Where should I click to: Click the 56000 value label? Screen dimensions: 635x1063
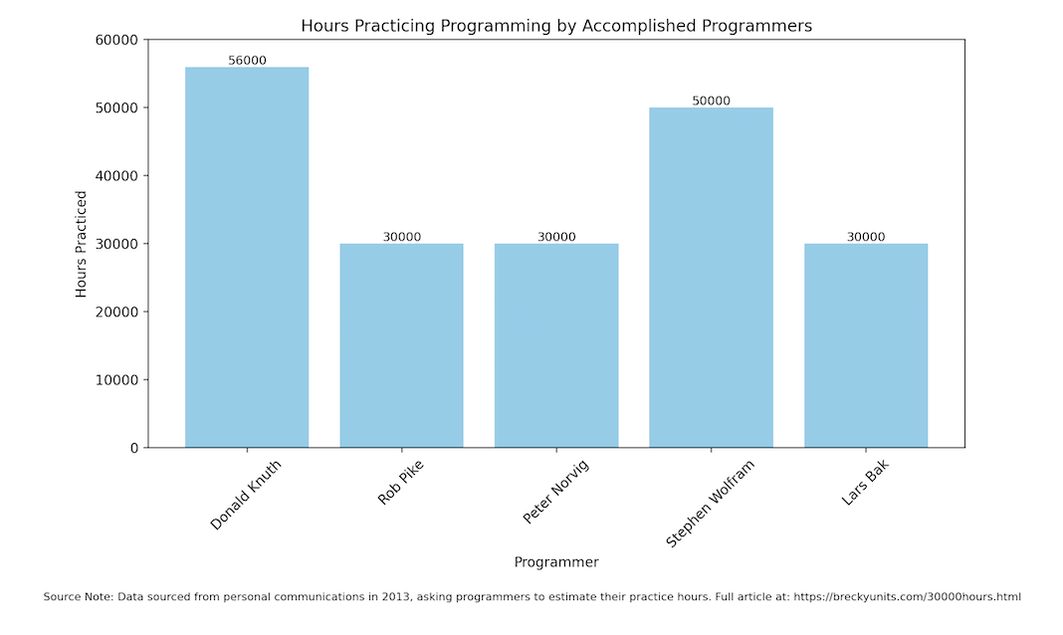tap(247, 61)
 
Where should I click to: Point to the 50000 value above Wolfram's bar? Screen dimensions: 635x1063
tap(711, 101)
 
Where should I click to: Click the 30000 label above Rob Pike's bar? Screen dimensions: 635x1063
tap(401, 237)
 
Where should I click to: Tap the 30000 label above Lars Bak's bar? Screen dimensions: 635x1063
tap(866, 237)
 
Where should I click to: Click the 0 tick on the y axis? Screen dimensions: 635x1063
tap(133, 448)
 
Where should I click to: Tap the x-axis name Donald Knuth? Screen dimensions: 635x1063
tap(246, 495)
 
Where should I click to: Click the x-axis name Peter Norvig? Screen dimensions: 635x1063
tap(555, 492)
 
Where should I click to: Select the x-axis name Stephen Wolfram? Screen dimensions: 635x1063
tap(710, 503)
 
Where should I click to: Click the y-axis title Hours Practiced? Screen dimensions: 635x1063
tap(82, 244)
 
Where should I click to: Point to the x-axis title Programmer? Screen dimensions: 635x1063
tap(556, 562)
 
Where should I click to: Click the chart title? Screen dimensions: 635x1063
tap(556, 26)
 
